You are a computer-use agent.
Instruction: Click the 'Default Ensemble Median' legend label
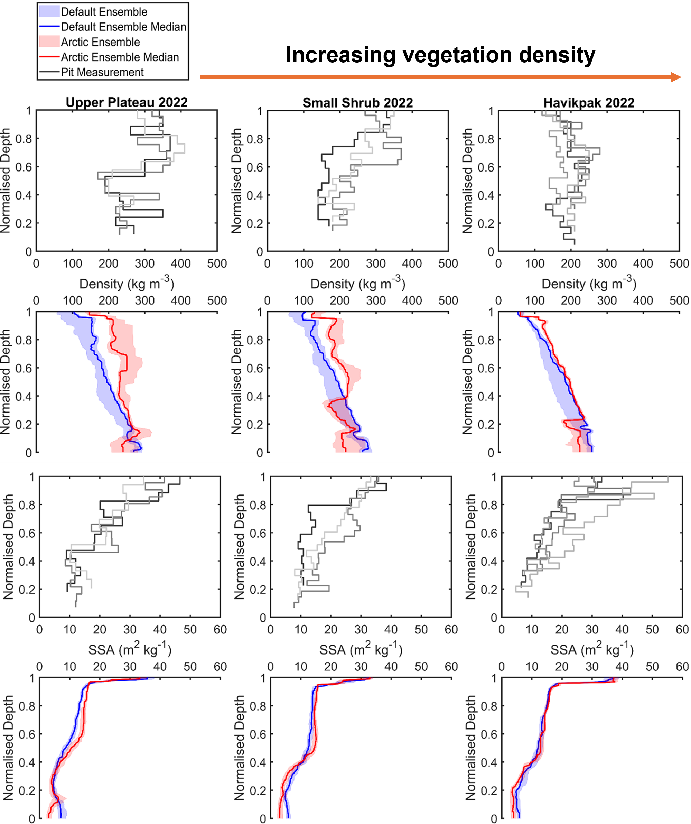[123, 27]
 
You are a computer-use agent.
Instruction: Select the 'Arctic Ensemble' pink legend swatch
[49, 41]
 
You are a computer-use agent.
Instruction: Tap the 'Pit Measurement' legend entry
[102, 72]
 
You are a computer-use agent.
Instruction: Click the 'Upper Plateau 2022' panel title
[126, 102]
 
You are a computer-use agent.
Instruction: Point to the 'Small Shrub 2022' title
[357, 103]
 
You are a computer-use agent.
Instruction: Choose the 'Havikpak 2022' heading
[589, 103]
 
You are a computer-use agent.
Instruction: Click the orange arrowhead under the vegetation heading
[676, 77]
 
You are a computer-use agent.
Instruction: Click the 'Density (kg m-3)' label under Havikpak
[589, 283]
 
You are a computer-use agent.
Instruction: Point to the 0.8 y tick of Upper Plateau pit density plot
[24, 139]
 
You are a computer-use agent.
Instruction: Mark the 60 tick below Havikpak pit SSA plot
[682, 630]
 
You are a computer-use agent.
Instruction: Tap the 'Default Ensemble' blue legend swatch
[49, 11]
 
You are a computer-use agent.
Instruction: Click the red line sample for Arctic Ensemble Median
[49, 57]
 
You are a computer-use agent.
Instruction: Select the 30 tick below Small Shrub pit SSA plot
[361, 630]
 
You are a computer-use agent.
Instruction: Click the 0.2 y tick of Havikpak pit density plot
[486, 223]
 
